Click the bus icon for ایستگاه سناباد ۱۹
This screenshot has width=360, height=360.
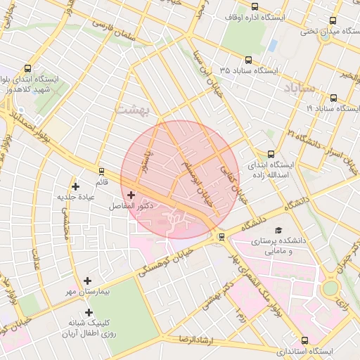pos(333,98)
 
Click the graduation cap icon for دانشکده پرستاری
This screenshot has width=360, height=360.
pos(278,231)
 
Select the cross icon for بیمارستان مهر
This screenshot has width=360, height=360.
pos(87,281)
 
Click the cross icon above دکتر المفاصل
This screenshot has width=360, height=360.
pos(131,195)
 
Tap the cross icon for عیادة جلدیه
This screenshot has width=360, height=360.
pos(76,186)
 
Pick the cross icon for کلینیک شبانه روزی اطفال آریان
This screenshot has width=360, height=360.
pos(89,312)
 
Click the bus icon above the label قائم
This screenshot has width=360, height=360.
pos(102,171)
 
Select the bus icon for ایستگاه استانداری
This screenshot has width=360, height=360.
pos(304,340)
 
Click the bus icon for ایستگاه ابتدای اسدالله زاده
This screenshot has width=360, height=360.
pos(271,154)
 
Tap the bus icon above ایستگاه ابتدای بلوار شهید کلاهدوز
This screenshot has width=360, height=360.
pos(27,69)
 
